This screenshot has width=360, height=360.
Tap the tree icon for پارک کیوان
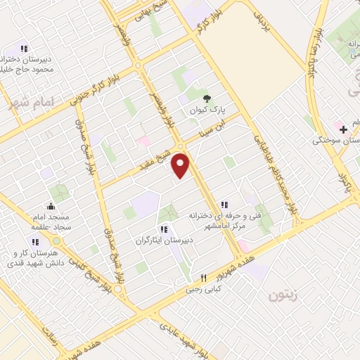click(x=206, y=99)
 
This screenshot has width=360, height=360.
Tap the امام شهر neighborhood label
click(x=32, y=103)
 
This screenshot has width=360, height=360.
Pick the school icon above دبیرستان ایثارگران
click(x=164, y=229)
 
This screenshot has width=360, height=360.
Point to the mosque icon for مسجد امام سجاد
click(x=51, y=207)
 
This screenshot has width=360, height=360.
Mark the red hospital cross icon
click(x=342, y=129)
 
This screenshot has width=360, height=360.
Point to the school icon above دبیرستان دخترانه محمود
click(x=23, y=49)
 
